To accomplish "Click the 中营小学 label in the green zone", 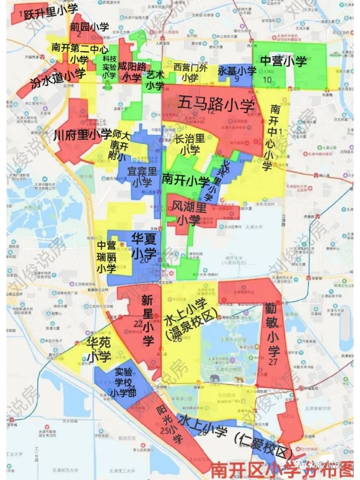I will click(x=283, y=61).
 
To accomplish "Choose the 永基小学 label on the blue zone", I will click(x=237, y=70).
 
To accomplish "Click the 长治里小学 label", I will click(x=190, y=144).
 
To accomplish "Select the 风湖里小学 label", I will click(x=189, y=213).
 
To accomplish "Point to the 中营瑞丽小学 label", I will click(x=106, y=257).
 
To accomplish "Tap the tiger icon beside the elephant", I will click(x=238, y=379).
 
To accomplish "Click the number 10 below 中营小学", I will click(x=267, y=79).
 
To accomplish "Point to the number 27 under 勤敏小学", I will click(x=273, y=361).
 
